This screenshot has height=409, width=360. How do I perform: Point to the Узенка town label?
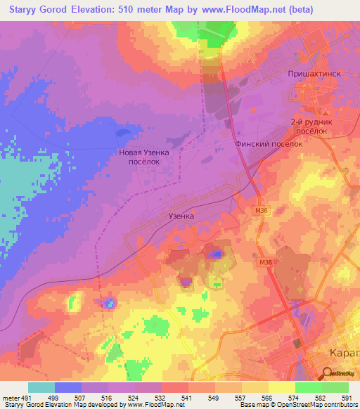[181, 217]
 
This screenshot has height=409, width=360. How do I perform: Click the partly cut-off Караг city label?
[345, 353]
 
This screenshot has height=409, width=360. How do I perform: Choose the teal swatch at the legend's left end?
[41, 387]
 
